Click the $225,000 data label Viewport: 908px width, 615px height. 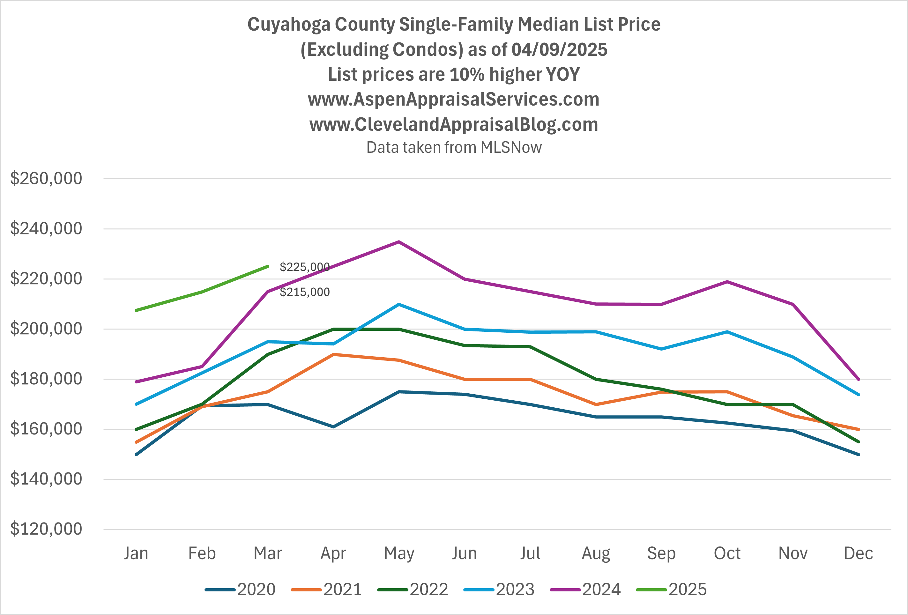(x=304, y=267)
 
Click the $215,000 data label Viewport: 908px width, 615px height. (x=304, y=292)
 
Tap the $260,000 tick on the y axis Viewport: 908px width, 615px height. (x=46, y=179)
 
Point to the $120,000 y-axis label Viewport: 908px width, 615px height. (x=46, y=529)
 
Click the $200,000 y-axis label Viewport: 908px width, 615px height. (x=46, y=329)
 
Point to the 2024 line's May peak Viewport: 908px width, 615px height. (x=398, y=242)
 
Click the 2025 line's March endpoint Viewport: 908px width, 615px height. (x=268, y=266)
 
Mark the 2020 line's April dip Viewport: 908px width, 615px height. (x=333, y=427)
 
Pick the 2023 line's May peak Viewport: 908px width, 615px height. (x=398, y=304)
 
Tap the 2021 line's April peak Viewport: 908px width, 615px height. (x=333, y=354)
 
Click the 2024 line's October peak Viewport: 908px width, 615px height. (x=727, y=282)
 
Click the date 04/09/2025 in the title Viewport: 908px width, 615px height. (x=559, y=50)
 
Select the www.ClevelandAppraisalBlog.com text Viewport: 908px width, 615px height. (x=454, y=125)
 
